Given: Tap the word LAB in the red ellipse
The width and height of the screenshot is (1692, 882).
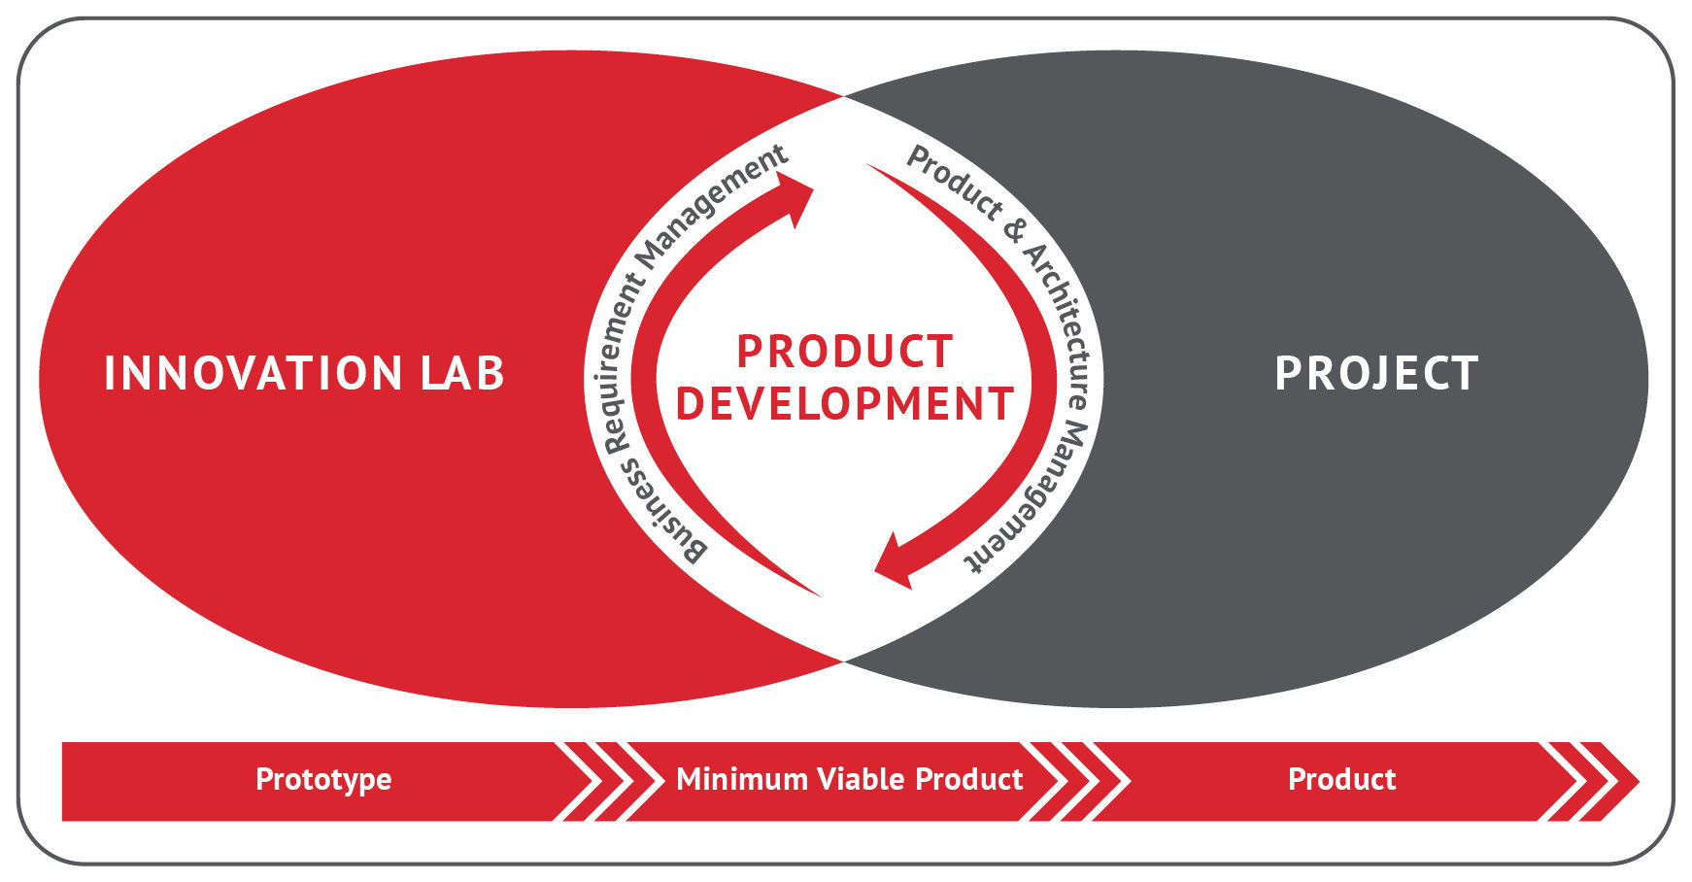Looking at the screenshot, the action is click(463, 374).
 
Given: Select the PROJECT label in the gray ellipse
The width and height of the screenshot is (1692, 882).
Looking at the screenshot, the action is click(1376, 374).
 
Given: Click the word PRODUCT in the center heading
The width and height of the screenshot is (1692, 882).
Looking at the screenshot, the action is click(844, 352).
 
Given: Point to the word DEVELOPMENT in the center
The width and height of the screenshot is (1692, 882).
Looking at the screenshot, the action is click(844, 404).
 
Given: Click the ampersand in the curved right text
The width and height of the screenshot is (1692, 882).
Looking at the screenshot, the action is click(1014, 230).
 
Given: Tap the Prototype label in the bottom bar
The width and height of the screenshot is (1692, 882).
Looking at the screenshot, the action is click(323, 780).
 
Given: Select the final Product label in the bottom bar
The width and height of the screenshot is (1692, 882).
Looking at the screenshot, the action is click(1341, 779).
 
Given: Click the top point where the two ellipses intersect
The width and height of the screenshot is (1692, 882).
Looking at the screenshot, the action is click(843, 96).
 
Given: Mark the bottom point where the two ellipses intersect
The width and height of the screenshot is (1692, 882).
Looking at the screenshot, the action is click(843, 661).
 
